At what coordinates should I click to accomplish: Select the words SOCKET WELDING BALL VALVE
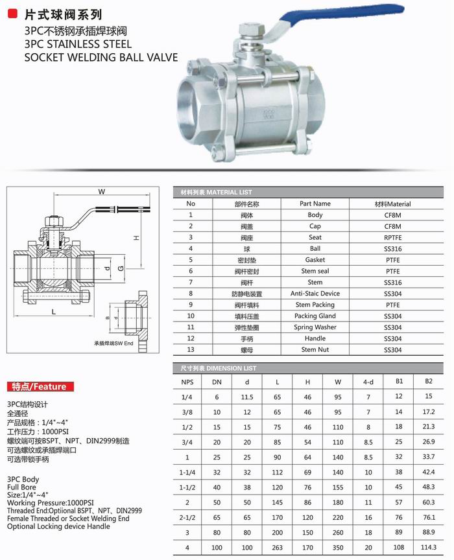click(101, 58)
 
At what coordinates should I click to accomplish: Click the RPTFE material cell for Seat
click(392, 237)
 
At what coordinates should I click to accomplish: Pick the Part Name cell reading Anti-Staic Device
click(315, 294)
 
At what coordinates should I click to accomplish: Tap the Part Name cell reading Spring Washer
click(315, 327)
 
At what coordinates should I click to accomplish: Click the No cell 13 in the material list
click(191, 350)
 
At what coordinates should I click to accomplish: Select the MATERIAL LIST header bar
click(311, 192)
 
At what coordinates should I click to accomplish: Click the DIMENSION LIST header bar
click(311, 367)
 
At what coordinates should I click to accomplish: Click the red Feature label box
click(39, 387)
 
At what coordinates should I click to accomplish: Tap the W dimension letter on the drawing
click(101, 192)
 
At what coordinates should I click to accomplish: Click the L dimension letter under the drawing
click(53, 312)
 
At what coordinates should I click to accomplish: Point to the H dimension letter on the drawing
click(136, 238)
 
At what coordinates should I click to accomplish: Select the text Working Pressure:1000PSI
click(50, 502)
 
